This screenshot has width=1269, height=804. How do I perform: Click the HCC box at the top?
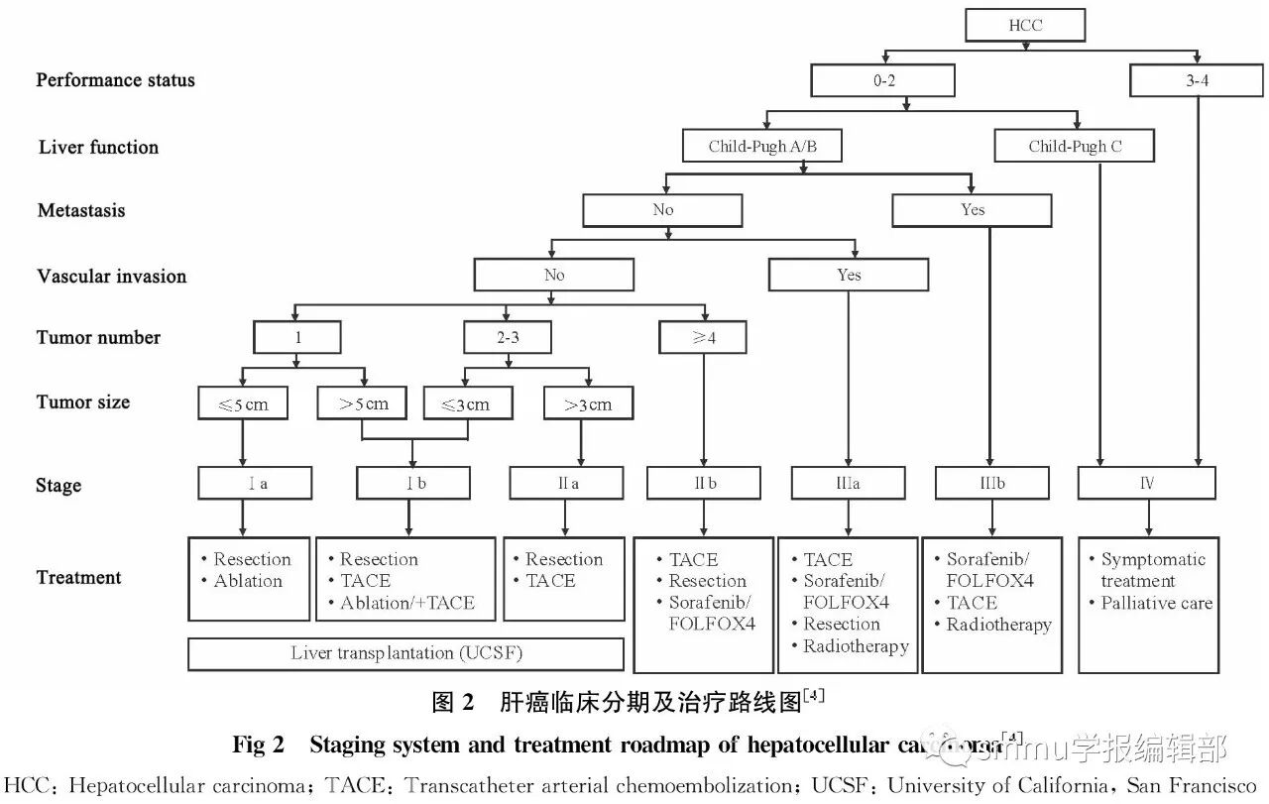pyautogui.click(x=1025, y=25)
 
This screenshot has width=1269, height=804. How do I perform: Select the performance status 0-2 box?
pyautogui.click(x=883, y=80)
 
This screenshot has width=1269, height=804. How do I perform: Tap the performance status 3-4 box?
pyautogui.click(x=1197, y=80)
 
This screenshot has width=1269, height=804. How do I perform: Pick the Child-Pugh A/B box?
pyautogui.click(x=761, y=147)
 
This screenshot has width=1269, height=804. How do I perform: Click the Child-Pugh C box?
pyautogui.click(x=1075, y=147)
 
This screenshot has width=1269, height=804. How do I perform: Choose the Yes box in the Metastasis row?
pyautogui.click(x=973, y=210)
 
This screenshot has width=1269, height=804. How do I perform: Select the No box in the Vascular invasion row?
pyautogui.click(x=553, y=275)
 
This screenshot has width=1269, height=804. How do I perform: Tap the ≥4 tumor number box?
pyautogui.click(x=702, y=338)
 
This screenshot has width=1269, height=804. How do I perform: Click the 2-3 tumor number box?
pyautogui.click(x=508, y=338)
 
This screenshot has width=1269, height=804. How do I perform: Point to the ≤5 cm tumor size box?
pyautogui.click(x=243, y=403)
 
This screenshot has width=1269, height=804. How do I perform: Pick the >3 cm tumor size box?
pyautogui.click(x=588, y=403)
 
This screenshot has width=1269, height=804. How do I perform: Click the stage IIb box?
pyautogui.click(x=703, y=484)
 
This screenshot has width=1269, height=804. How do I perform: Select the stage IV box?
pyautogui.click(x=1147, y=484)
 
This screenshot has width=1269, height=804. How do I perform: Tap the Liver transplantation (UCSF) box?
pyautogui.click(x=405, y=654)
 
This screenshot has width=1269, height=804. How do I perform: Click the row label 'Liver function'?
pyautogui.click(x=98, y=148)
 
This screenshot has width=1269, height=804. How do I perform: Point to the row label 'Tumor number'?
pyautogui.click(x=98, y=338)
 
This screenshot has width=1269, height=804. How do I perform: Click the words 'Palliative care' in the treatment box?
pyautogui.click(x=1156, y=603)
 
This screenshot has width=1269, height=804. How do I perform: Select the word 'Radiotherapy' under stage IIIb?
pyautogui.click(x=998, y=625)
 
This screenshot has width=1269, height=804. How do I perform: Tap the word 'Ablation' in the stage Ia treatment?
pyautogui.click(x=248, y=581)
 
